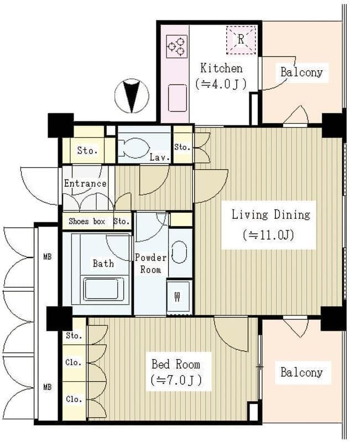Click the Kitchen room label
coord(221,69)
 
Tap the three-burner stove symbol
coord(177,46)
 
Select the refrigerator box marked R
coord(241,40)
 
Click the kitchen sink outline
coord(178,98)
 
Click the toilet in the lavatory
coord(133,148)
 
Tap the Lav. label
coord(160,157)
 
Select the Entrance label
coord(85,183)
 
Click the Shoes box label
coord(87,222)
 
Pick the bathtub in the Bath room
coord(101,289)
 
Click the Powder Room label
coord(150,264)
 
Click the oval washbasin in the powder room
coord(179,252)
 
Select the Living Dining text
coord(270,215)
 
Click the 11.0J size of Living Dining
coord(269,235)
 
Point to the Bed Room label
coord(176,364)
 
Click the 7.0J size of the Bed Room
coord(176,380)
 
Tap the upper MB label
coord(48,257)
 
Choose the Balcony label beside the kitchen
coord(301,72)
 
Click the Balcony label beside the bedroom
coord(301,372)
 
